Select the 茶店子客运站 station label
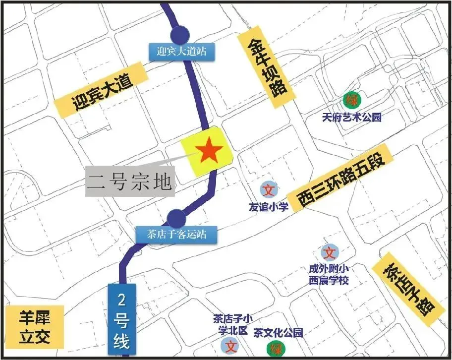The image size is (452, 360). [176, 234]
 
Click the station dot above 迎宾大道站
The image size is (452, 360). [179, 34]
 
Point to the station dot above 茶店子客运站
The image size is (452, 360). [176, 217]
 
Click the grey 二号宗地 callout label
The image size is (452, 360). [130, 181]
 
